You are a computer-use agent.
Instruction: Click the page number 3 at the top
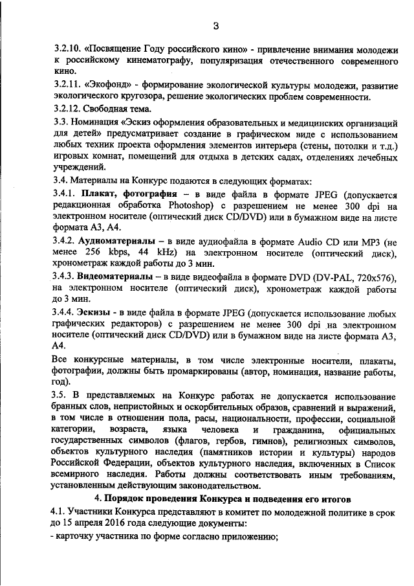[x=216, y=26]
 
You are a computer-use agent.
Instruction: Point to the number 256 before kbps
[x=88, y=252]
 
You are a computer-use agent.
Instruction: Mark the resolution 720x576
[x=373, y=276]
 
